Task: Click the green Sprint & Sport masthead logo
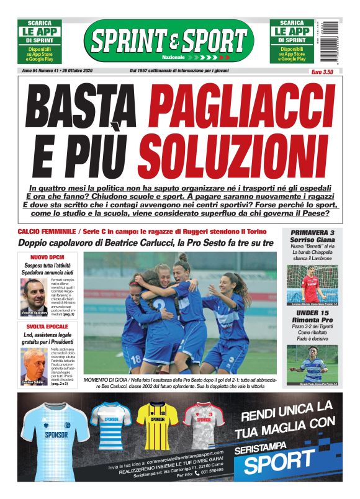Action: pos(168,40)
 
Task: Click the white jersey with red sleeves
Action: pos(203,427)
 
